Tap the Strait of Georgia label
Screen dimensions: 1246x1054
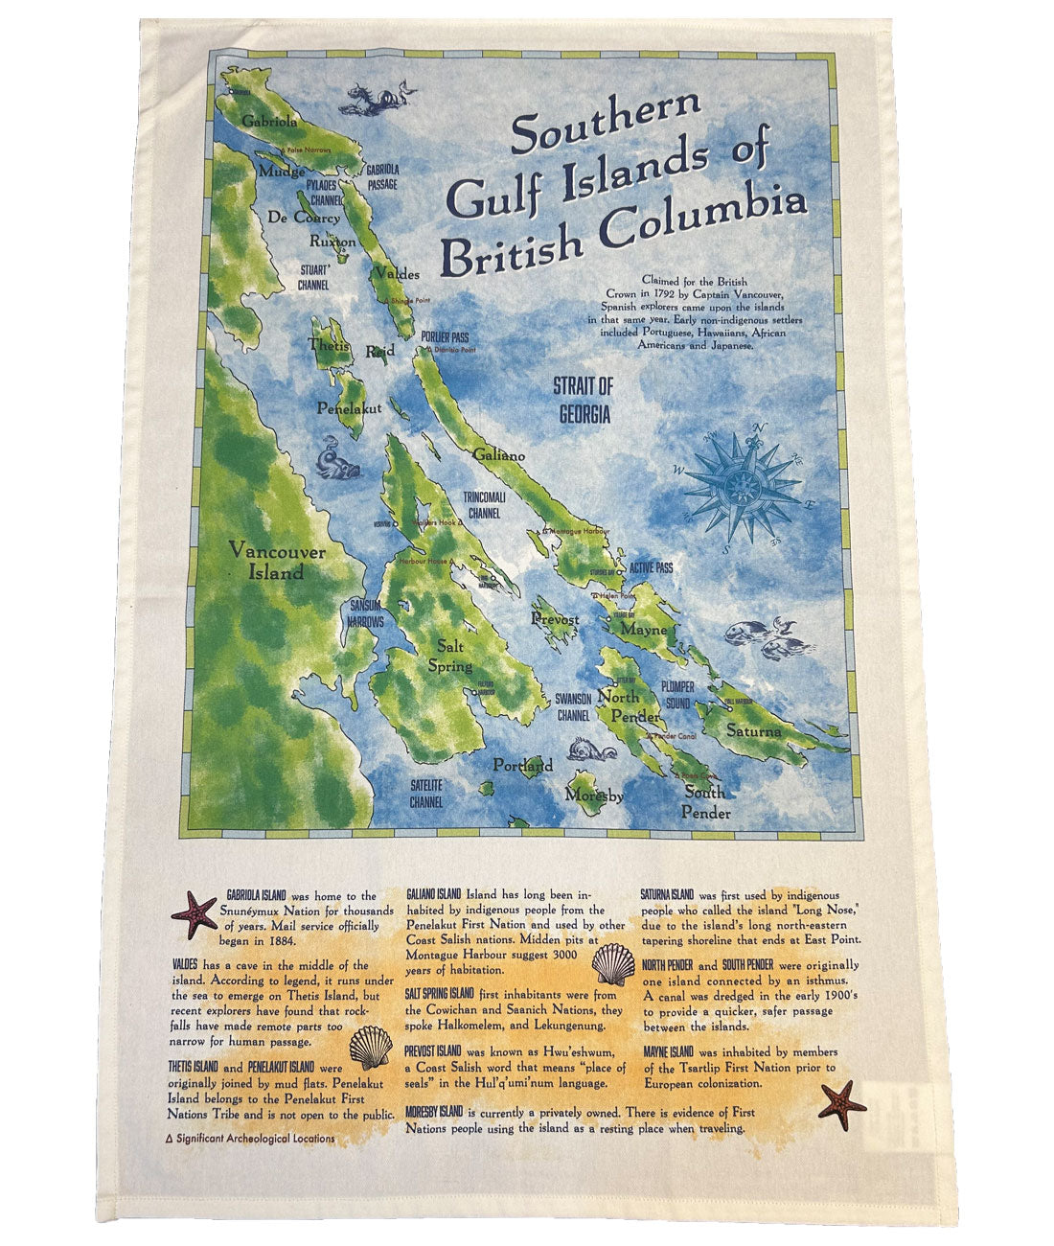tap(582, 401)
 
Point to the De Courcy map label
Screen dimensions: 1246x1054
tap(304, 217)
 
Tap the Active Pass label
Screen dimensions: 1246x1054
tap(651, 568)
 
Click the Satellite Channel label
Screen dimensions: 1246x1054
tap(425, 793)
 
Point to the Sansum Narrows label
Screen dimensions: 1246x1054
tap(366, 613)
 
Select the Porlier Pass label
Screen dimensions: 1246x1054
tap(444, 337)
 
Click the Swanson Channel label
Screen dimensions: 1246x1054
tap(573, 707)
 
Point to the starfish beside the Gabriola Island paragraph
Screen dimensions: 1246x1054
tap(194, 913)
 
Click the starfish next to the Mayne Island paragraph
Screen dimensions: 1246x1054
tap(842, 1103)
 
